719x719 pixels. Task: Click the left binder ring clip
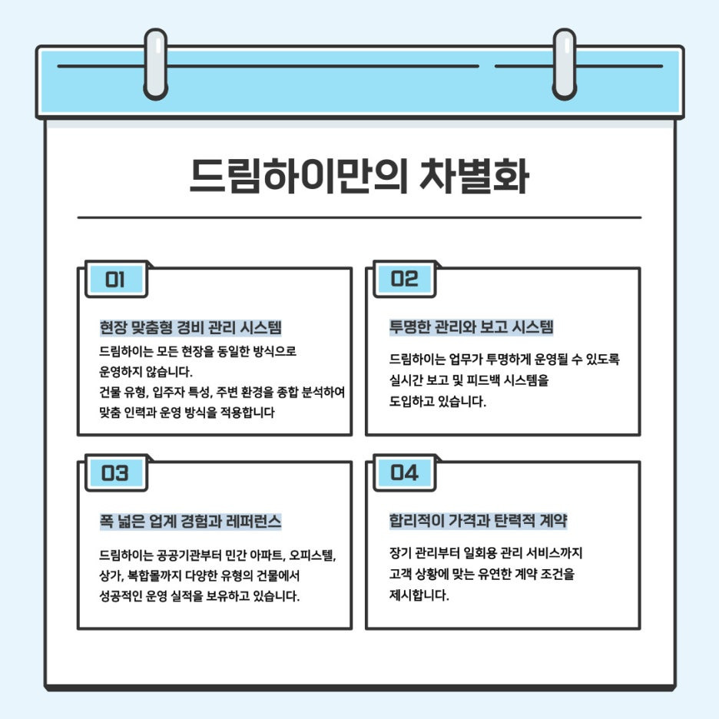pos(155,65)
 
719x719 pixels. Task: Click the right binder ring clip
pos(565,65)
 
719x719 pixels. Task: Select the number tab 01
pos(115,280)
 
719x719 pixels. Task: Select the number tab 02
pos(405,280)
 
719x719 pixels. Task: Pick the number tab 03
pos(115,473)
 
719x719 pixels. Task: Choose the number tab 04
pos(405,473)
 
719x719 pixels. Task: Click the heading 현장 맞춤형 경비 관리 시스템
pos(191,327)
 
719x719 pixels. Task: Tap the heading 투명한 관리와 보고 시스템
pos(472,327)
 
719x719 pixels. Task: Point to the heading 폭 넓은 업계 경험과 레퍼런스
pos(191,522)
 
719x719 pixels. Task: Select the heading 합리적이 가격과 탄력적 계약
pos(478,522)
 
